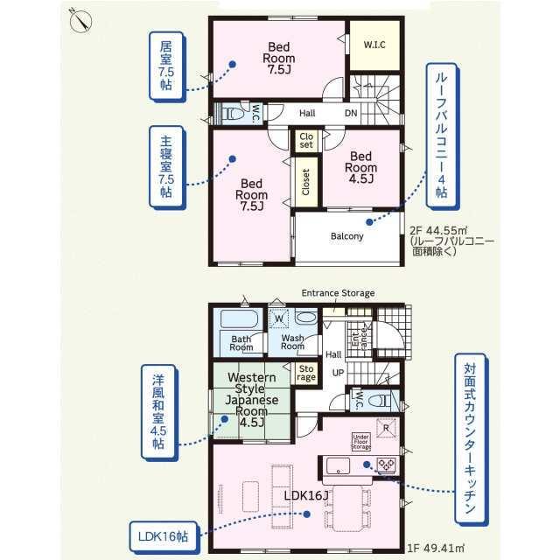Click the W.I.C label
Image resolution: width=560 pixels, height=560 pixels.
tap(374, 45)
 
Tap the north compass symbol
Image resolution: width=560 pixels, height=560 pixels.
tap(80, 21)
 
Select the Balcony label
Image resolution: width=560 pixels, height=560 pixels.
tap(346, 236)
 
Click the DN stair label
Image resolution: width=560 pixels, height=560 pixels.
tap(351, 113)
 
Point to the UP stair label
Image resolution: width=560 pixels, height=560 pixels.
tap(338, 373)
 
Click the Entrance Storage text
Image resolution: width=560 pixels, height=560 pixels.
tap(338, 293)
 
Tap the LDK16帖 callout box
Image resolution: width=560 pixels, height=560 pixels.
tap(163, 536)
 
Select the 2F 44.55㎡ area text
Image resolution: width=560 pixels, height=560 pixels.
tap(438, 230)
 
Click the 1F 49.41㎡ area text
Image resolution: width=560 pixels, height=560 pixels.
tap(436, 548)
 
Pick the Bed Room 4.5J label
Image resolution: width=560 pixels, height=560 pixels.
tap(360, 167)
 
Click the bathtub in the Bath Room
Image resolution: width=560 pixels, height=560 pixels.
tap(239, 318)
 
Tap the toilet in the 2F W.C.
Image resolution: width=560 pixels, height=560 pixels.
tap(233, 114)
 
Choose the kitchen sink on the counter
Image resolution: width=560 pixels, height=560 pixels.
tap(338, 465)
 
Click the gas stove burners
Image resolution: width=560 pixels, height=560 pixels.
tap(387, 465)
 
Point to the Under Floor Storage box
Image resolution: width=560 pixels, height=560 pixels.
tap(360, 442)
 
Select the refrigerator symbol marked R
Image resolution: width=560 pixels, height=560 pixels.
tap(386, 428)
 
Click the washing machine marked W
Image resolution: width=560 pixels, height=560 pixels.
tap(279, 318)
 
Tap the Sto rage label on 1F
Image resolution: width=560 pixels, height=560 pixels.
tap(306, 374)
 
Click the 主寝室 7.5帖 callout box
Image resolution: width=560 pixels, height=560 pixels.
tap(167, 167)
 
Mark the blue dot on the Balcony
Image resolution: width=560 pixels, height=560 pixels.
tap(369, 222)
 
